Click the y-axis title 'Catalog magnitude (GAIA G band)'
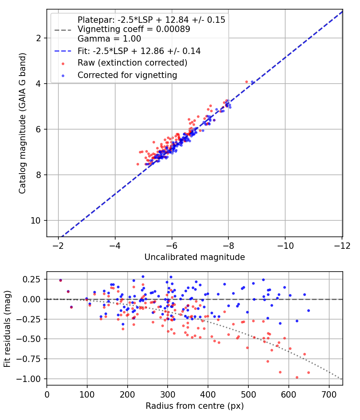[22, 123]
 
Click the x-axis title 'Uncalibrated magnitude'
[195, 257]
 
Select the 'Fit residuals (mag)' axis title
[7, 329]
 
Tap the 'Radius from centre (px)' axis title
[195, 406]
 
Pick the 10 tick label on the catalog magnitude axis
[36, 220]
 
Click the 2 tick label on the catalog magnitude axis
[38, 38]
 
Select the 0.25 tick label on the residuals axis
[32, 279]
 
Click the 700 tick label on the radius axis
[329, 394]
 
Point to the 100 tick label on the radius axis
[87, 394]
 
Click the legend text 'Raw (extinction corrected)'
[132, 63]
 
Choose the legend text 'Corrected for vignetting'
[127, 75]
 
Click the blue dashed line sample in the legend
[63, 51]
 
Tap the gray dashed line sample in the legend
[63, 30]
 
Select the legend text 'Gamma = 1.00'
[109, 38]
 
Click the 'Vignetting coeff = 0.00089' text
[134, 29]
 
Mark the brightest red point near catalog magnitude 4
[246, 82]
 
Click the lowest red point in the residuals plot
[297, 378]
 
